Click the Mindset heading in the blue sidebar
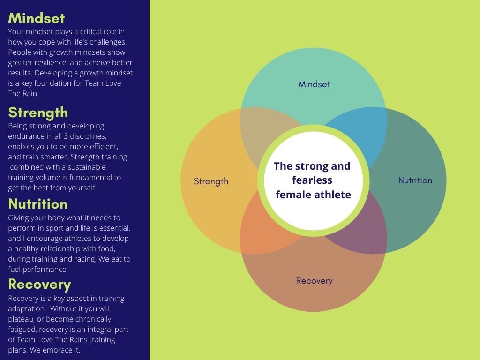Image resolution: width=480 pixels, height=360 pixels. [x=37, y=18]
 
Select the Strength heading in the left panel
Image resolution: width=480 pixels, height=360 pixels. [x=38, y=112]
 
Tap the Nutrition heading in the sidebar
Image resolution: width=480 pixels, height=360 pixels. [x=38, y=204]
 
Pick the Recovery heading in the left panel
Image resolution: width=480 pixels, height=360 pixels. [x=39, y=285]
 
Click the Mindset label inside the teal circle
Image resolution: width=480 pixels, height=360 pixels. [x=314, y=84]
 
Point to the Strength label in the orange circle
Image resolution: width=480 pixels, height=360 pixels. [x=211, y=181]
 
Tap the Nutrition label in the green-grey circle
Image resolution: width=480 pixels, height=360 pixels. [x=415, y=180]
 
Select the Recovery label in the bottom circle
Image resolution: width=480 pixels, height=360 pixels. [x=314, y=281]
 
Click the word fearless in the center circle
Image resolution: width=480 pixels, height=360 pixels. [x=312, y=180]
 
